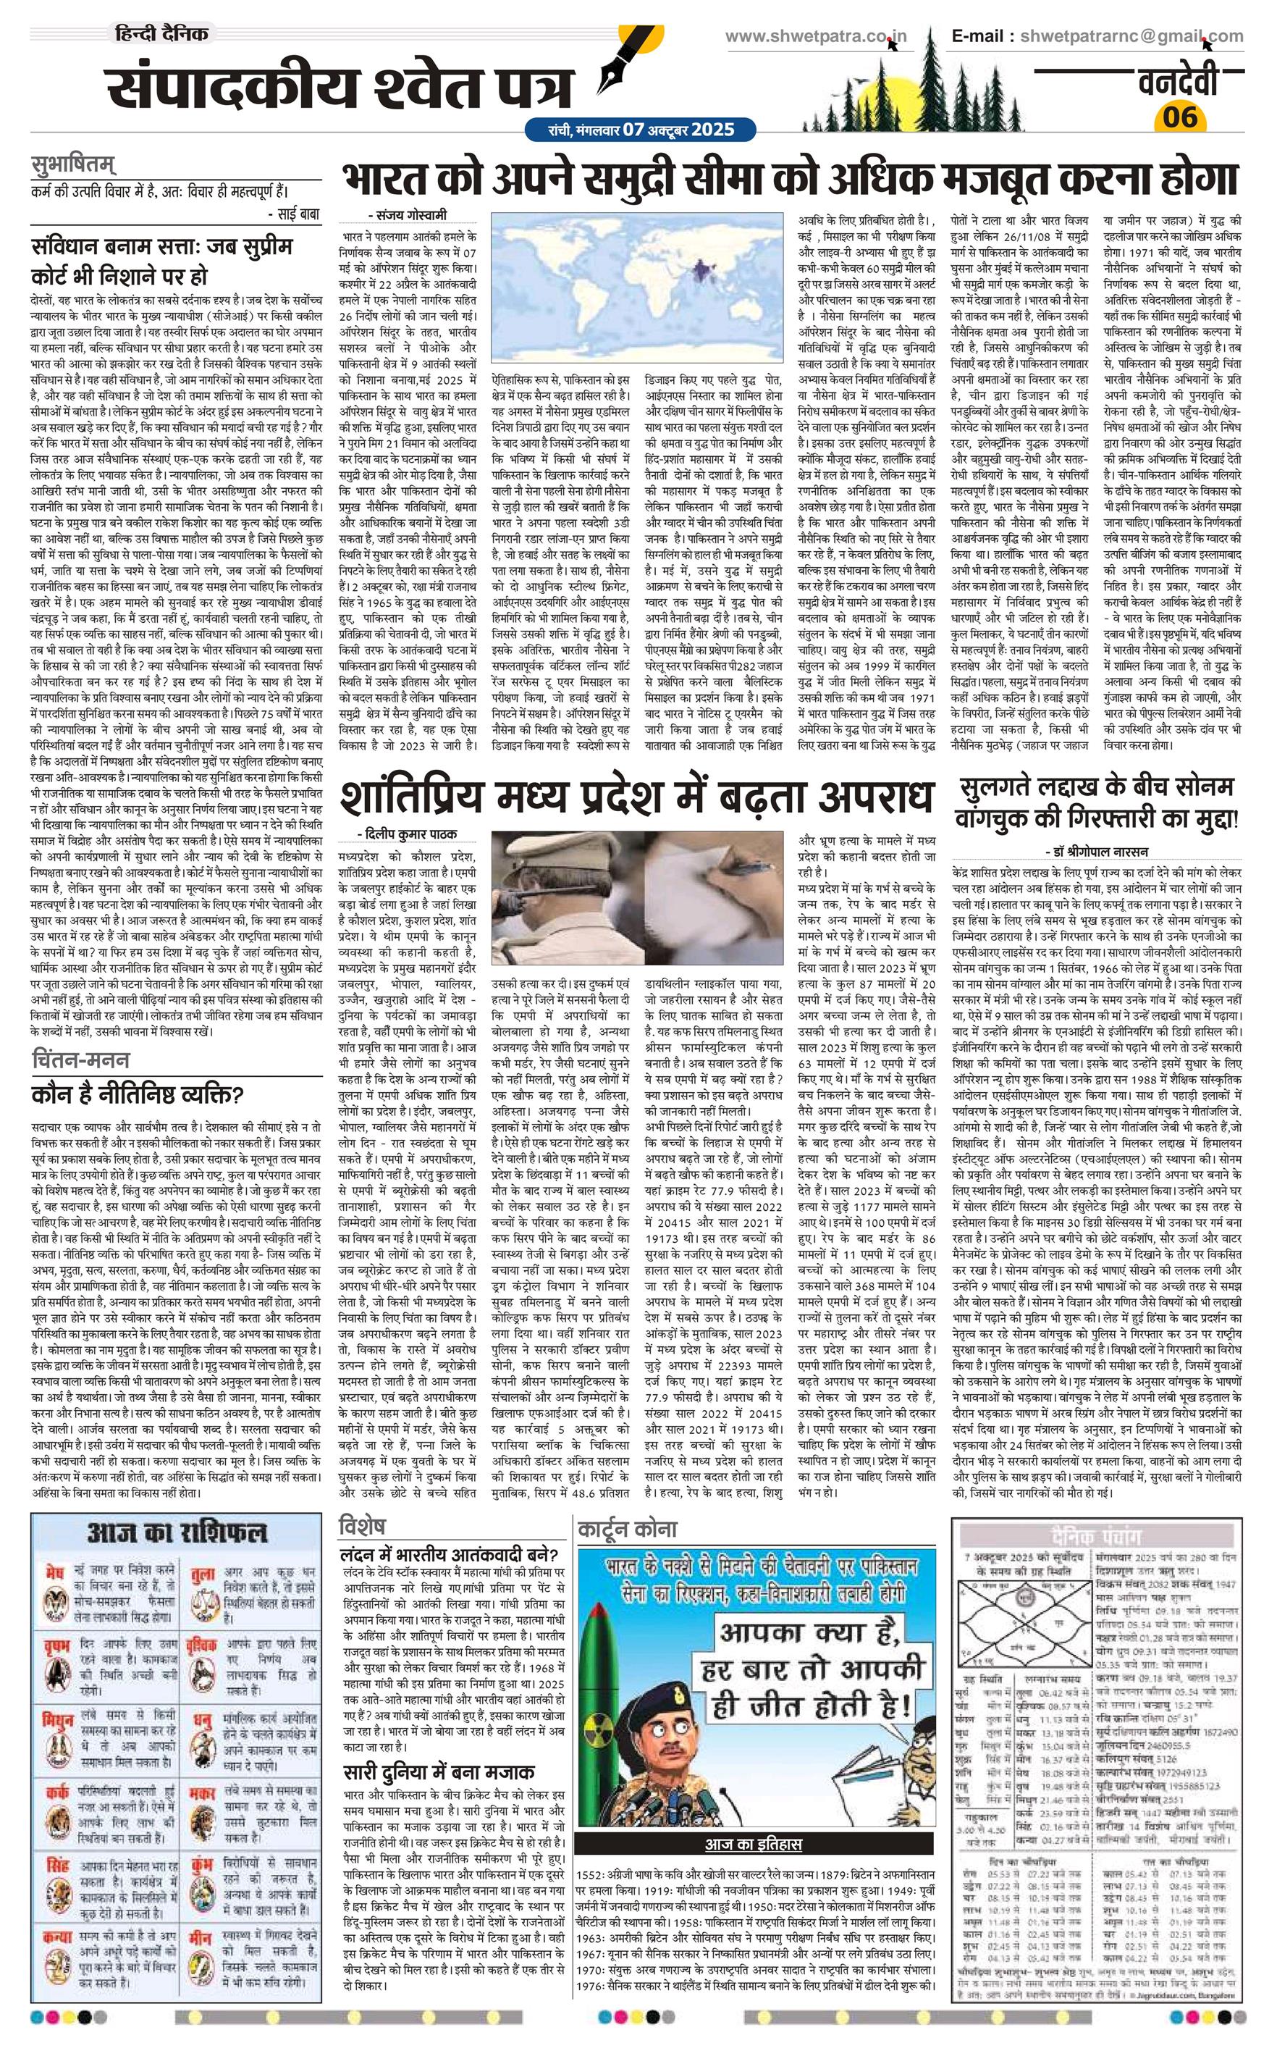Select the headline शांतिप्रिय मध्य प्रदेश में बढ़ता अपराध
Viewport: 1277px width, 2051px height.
638,797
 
